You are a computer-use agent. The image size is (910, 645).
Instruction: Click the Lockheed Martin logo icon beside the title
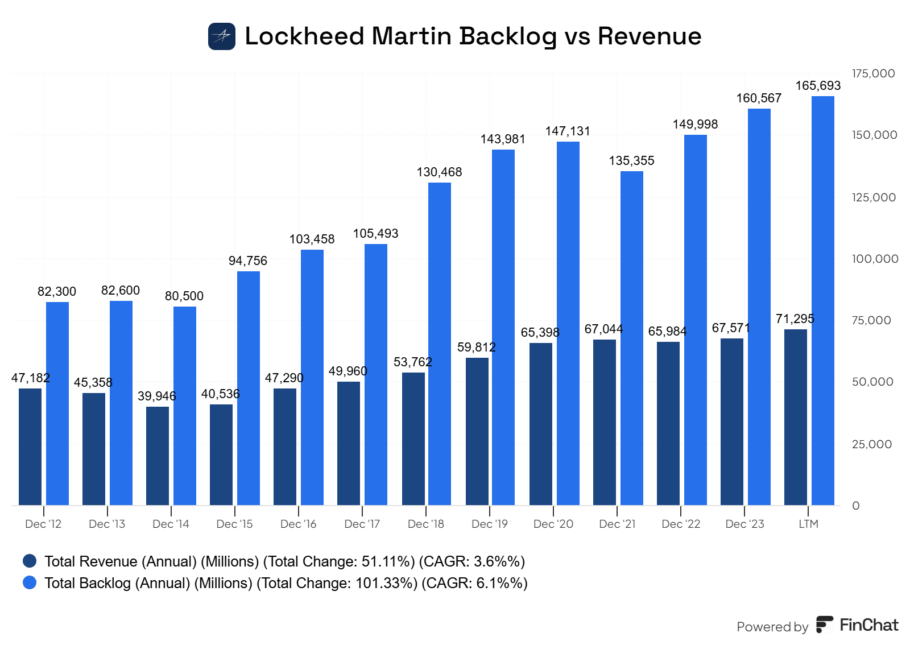click(222, 36)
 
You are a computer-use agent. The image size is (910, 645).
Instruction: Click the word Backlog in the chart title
click(508, 36)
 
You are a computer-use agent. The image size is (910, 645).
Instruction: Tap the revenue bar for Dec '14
click(158, 456)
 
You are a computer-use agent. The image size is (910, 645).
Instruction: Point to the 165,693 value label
click(818, 86)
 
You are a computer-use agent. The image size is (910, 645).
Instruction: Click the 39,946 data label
click(157, 396)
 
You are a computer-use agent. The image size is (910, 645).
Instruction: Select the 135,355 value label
click(631, 161)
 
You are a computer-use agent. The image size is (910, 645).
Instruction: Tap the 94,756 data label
click(248, 261)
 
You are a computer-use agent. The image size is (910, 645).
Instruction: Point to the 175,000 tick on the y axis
click(874, 73)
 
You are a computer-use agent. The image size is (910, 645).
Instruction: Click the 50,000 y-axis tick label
click(872, 382)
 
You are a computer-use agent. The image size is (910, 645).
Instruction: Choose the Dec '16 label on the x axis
click(299, 524)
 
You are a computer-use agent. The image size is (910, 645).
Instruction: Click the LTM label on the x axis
click(808, 524)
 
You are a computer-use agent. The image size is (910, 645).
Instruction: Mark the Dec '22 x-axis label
click(681, 524)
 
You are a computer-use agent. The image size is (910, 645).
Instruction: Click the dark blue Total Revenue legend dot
click(30, 561)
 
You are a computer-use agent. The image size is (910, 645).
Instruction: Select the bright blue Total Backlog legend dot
click(30, 583)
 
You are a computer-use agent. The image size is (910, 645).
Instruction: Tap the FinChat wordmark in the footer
click(868, 625)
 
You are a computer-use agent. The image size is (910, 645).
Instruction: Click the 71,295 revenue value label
click(795, 319)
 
